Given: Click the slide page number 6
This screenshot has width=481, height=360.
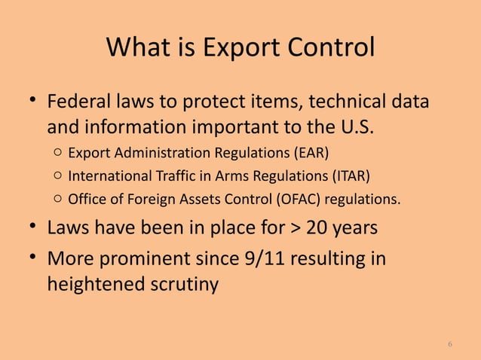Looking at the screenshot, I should pyautogui.click(x=450, y=344).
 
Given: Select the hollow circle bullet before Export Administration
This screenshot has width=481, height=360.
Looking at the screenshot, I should pyautogui.click(x=58, y=154).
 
